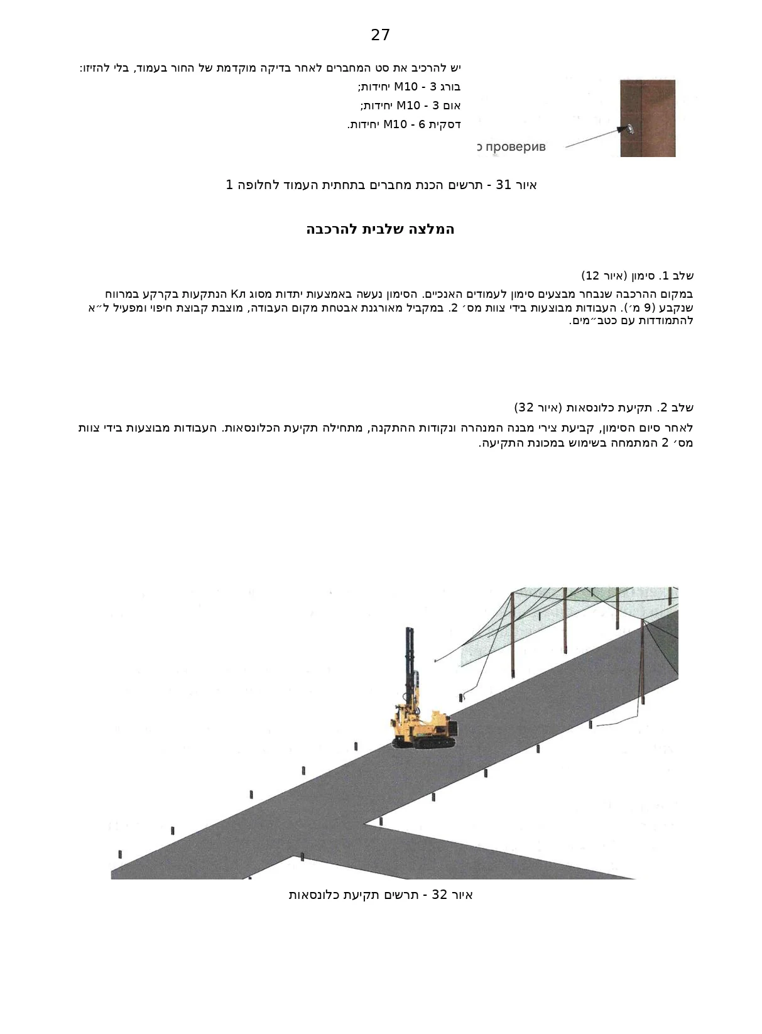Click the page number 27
pyautogui.click(x=380, y=35)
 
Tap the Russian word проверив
pyautogui.click(x=516, y=147)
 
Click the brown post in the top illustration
pyautogui.click(x=648, y=118)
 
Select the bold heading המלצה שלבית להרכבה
pyautogui.click(x=380, y=229)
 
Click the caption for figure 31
pyautogui.click(x=381, y=185)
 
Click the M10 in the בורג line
pyautogui.click(x=406, y=87)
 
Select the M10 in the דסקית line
pyautogui.click(x=395, y=124)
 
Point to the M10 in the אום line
pyautogui.click(x=408, y=106)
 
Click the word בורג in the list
pyautogui.click(x=450, y=87)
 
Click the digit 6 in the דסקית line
pyautogui.click(x=422, y=124)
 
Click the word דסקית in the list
pyautogui.click(x=445, y=124)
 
